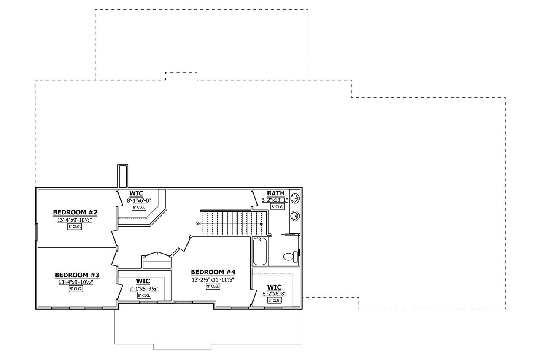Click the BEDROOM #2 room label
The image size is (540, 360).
click(75, 212)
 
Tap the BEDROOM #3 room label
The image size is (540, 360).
click(77, 275)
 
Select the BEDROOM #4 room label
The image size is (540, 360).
click(213, 272)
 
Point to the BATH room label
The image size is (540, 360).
click(275, 193)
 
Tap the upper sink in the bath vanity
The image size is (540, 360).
click(295, 198)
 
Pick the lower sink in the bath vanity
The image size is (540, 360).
click(295, 216)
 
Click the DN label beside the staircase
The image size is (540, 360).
click(198, 224)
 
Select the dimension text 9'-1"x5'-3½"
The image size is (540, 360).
click(143, 289)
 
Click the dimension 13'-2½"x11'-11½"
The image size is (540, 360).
click(213, 279)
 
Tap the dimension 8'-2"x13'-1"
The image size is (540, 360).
click(275, 200)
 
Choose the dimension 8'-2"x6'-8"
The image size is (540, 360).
click(274, 294)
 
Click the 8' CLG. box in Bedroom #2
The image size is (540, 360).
click(74, 227)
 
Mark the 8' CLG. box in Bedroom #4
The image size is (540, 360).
click(213, 287)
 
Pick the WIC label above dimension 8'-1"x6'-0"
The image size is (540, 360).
click(136, 194)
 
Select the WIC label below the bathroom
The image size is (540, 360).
click(274, 287)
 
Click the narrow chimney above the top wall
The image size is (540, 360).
click(123, 176)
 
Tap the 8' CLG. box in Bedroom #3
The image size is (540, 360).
click(76, 289)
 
